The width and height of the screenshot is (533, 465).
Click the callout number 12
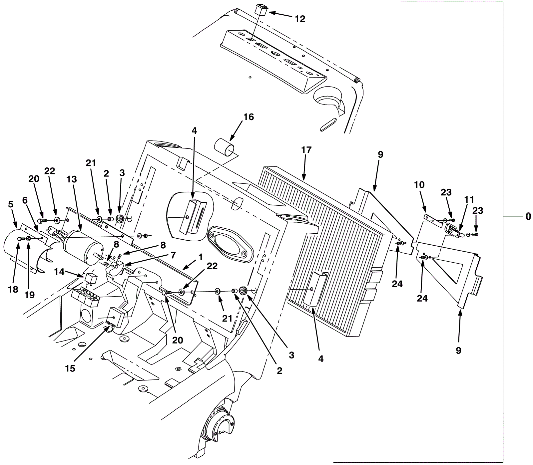300,19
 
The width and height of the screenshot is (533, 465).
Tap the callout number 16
249,117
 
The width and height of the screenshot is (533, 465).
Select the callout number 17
306,150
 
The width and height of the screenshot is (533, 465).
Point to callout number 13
71,179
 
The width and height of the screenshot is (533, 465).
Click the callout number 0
528,217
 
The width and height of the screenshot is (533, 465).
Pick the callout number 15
70,368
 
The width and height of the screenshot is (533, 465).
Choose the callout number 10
419,185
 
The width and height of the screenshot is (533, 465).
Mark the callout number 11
469,200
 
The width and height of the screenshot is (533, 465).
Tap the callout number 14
59,272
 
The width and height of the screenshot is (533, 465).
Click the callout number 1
201,257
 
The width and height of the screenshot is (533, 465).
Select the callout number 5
11,204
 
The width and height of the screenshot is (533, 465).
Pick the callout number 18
13,290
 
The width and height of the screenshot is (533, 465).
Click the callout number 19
30,295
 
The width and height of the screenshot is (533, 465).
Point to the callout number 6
25,200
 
